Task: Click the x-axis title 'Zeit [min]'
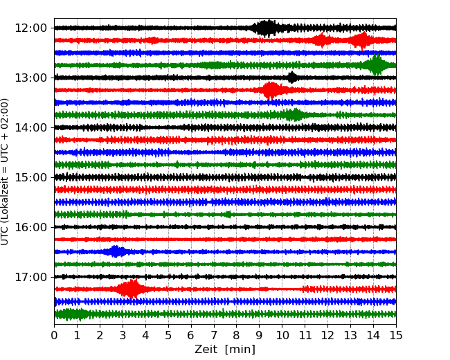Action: tap(224, 350)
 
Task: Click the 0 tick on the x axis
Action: tap(54, 336)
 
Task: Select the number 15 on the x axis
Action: tap(395, 336)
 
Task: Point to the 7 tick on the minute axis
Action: tap(213, 336)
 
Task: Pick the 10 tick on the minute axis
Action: tap(282, 336)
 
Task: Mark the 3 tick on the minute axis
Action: tap(123, 336)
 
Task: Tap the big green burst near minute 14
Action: tap(376, 65)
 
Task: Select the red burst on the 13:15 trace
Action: tap(271, 90)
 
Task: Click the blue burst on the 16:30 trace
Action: tap(116, 251)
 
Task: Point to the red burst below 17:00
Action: tap(131, 289)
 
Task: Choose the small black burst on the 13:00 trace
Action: tap(292, 77)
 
